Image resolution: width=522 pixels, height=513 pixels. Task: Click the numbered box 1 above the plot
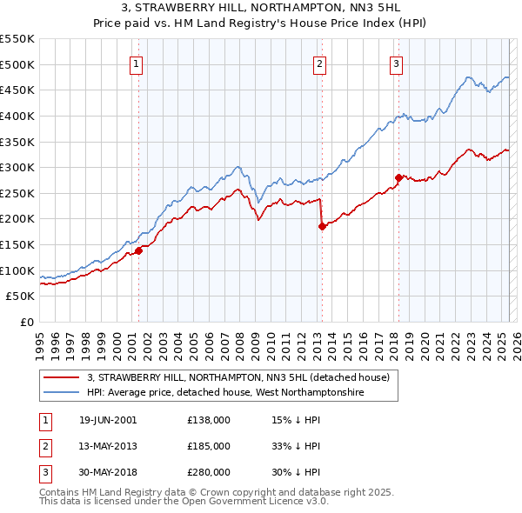pyautogui.click(x=137, y=63)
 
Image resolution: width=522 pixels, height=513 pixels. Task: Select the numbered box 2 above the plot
pyautogui.click(x=320, y=63)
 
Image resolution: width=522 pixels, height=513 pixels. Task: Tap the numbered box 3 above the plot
pyautogui.click(x=396, y=63)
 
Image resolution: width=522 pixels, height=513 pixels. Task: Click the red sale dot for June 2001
pyautogui.click(x=138, y=250)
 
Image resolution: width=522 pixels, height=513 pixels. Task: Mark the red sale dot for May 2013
pyautogui.click(x=322, y=226)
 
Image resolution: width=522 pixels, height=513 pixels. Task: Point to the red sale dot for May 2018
pyautogui.click(x=398, y=177)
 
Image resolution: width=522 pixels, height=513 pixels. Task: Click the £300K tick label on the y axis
pyautogui.click(x=17, y=167)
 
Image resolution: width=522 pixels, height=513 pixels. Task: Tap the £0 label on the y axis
pyautogui.click(x=27, y=322)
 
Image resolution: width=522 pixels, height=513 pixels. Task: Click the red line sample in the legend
pyautogui.click(x=62, y=377)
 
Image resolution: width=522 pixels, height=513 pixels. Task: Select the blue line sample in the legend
pyautogui.click(x=62, y=393)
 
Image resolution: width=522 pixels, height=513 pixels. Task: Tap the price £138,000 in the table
pyautogui.click(x=209, y=420)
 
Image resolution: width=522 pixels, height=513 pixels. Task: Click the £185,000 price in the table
pyautogui.click(x=209, y=446)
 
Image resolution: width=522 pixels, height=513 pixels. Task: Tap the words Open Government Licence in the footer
pyautogui.click(x=259, y=502)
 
